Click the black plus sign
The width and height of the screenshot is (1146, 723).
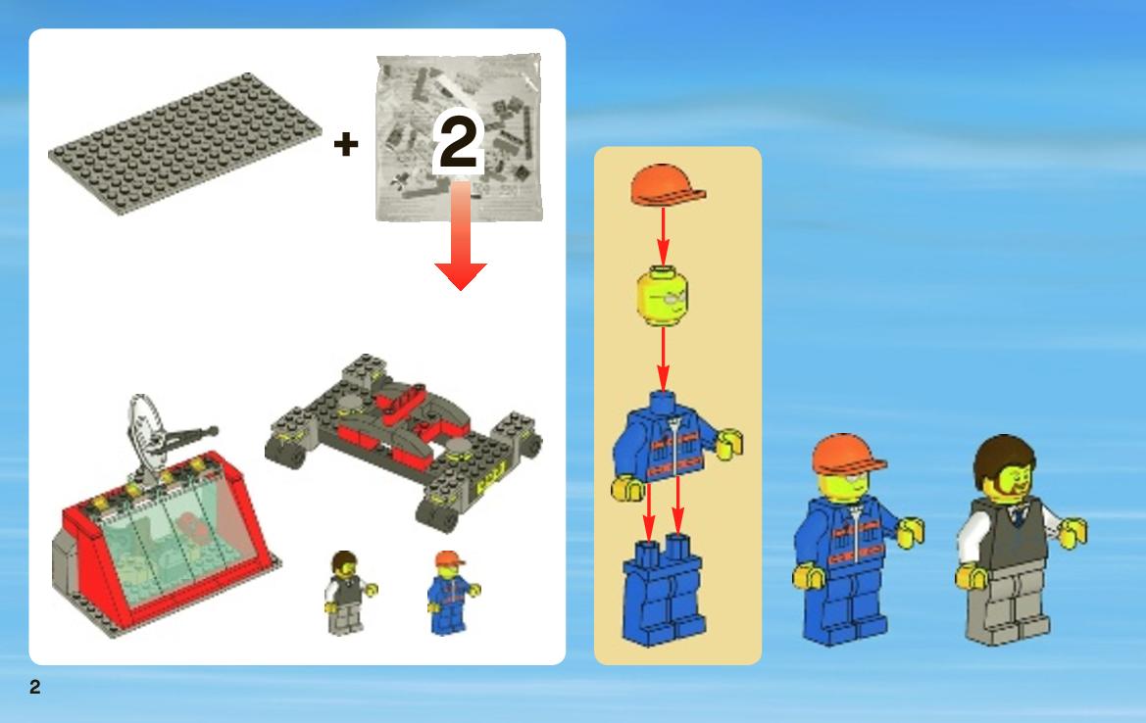tap(346, 144)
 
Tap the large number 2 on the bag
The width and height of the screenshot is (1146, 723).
tap(458, 140)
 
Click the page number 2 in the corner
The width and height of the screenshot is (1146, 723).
tap(35, 687)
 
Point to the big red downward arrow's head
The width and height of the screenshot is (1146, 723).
tap(461, 276)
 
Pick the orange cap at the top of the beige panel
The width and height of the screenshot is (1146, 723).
tap(666, 185)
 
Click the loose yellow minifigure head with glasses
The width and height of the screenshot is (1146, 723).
tap(662, 296)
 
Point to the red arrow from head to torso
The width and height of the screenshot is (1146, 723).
tap(663, 359)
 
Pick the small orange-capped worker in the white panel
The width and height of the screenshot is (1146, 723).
tap(451, 593)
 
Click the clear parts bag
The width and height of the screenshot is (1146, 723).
tap(459, 137)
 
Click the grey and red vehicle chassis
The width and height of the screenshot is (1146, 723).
tap(404, 439)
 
